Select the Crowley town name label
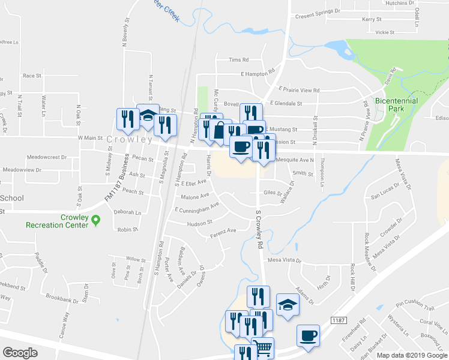point(130,139)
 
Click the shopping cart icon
point(264,348)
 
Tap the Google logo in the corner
point(20,353)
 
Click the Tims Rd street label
point(238,60)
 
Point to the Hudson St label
point(200,223)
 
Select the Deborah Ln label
point(127,212)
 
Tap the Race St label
point(32,76)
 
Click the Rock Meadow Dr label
point(367,249)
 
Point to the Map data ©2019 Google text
point(412,355)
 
